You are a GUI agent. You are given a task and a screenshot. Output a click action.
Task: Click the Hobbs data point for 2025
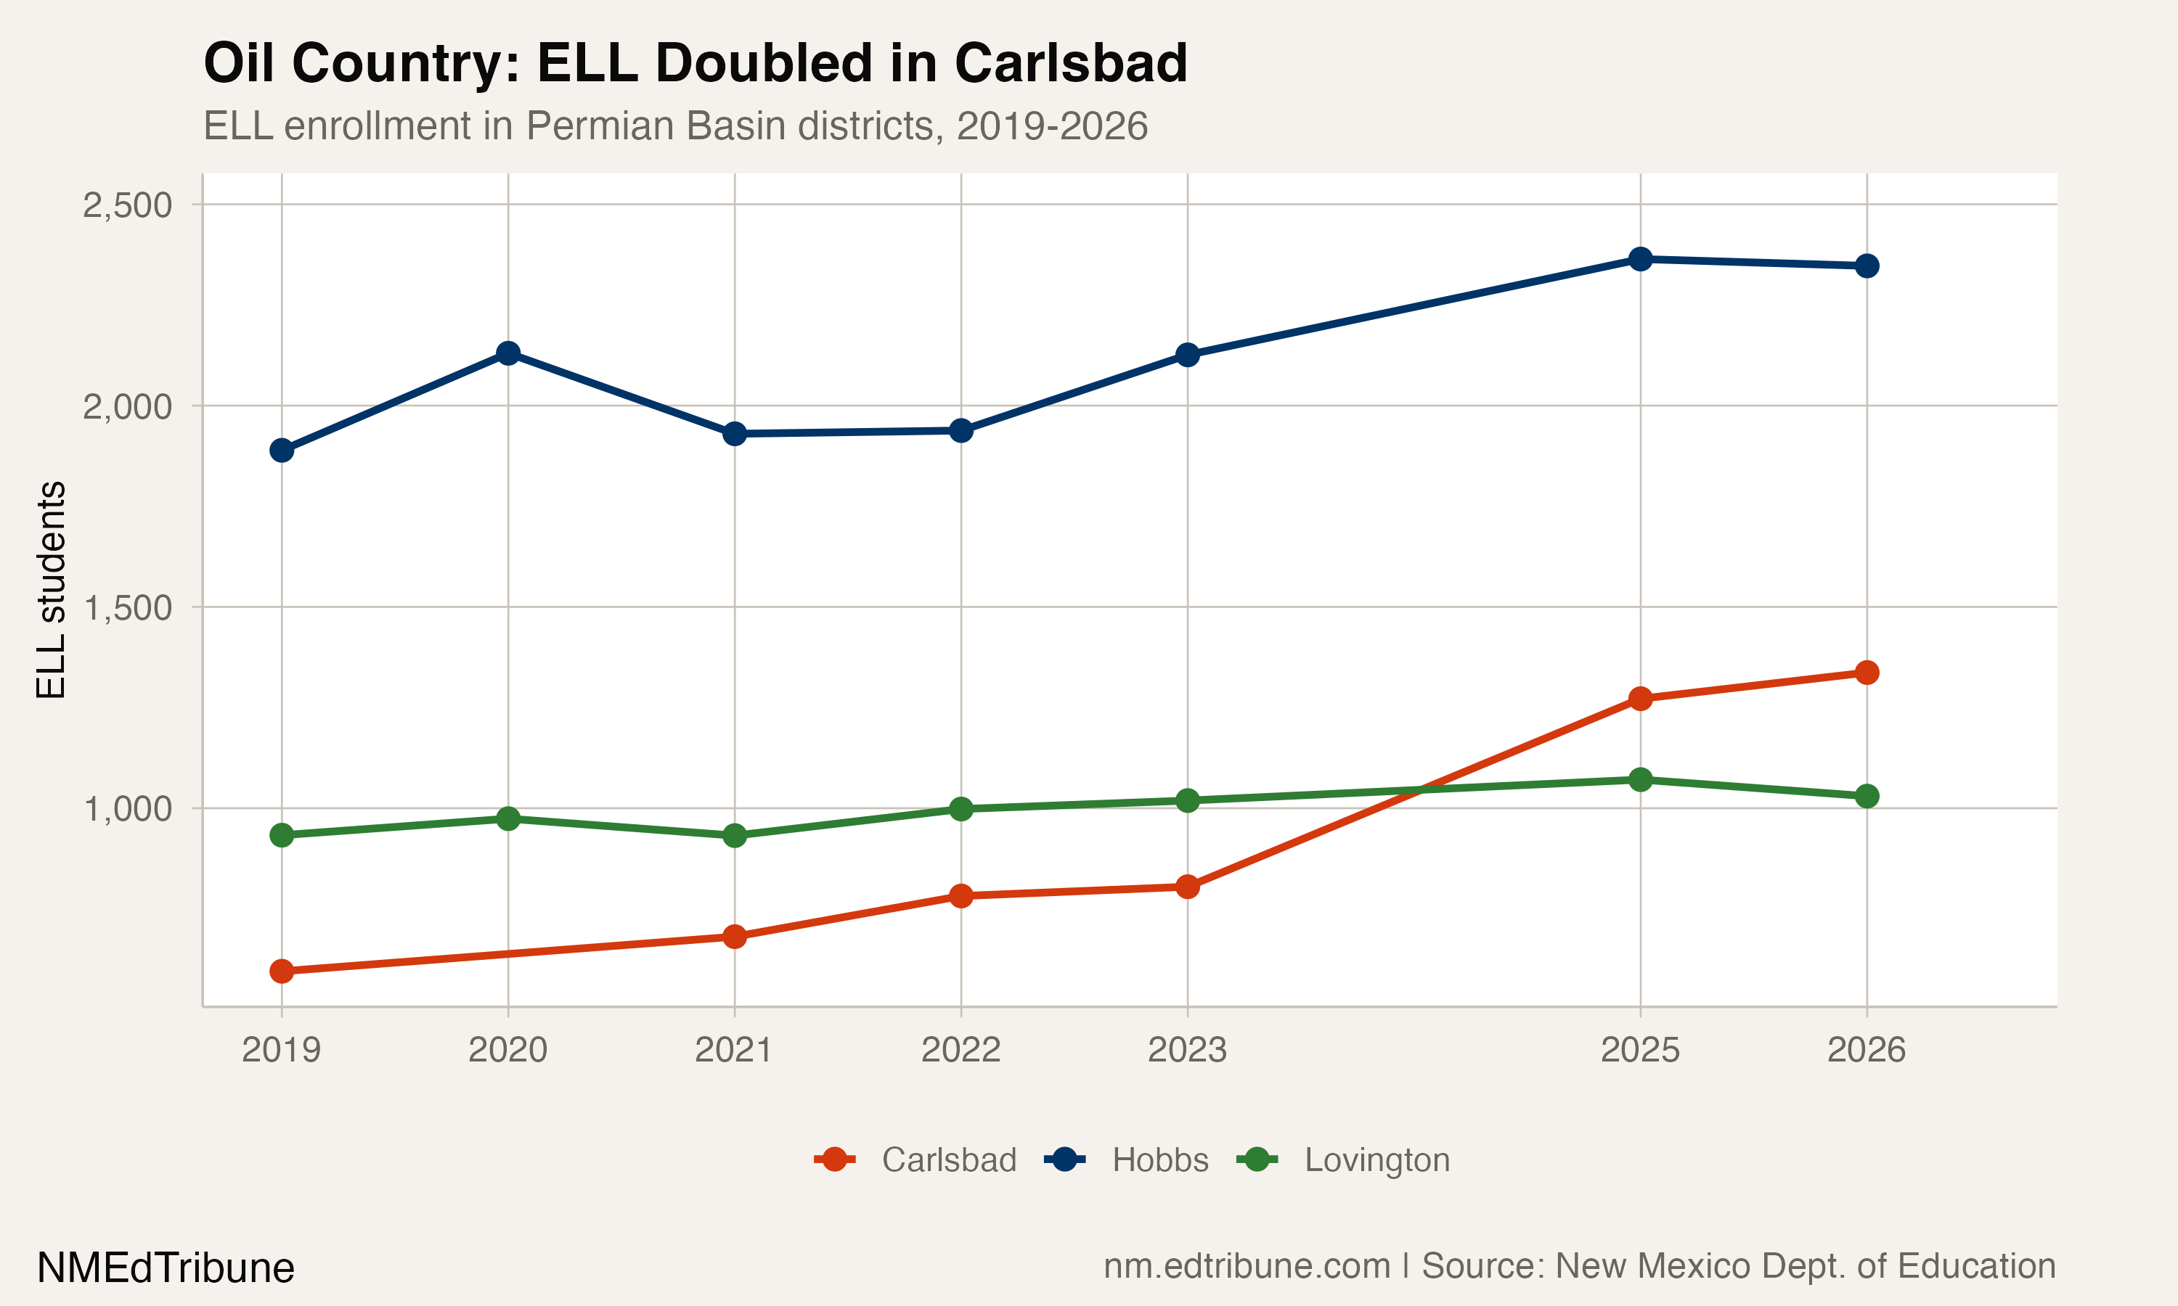pos(1640,259)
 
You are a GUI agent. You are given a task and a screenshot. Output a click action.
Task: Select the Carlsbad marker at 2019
pos(282,971)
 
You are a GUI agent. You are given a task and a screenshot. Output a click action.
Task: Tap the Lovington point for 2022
pos(961,809)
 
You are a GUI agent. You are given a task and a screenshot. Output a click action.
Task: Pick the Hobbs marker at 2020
pos(508,354)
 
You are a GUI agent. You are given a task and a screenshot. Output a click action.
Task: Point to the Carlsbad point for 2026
pos(1867,673)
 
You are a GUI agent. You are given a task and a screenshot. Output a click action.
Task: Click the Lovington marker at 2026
pos(1867,797)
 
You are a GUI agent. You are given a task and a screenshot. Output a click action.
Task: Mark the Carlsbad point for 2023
pos(1188,886)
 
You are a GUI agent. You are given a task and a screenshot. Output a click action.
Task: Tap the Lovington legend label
pos(1377,1160)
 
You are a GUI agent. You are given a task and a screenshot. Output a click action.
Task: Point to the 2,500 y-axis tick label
pos(128,205)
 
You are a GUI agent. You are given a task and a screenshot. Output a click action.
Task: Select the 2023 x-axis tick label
pos(1188,1050)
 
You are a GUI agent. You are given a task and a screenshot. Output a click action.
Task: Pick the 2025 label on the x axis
pos(1640,1050)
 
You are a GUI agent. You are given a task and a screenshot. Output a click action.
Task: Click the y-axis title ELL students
pos(51,590)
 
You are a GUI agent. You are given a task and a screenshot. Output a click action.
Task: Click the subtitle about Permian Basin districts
pos(675,126)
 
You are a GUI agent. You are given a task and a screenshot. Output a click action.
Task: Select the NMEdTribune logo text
pos(166,1268)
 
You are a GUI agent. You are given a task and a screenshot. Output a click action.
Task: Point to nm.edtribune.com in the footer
pos(1247,1266)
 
